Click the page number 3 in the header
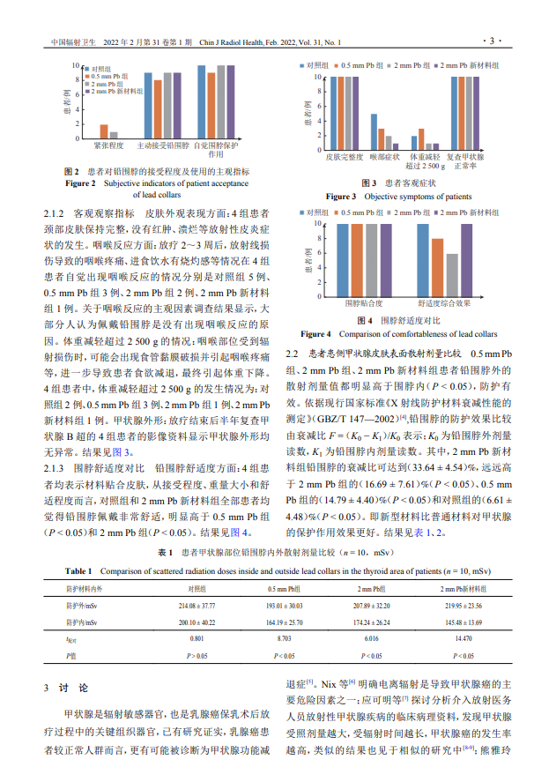tap(492, 41)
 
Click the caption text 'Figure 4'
tap(315, 334)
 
